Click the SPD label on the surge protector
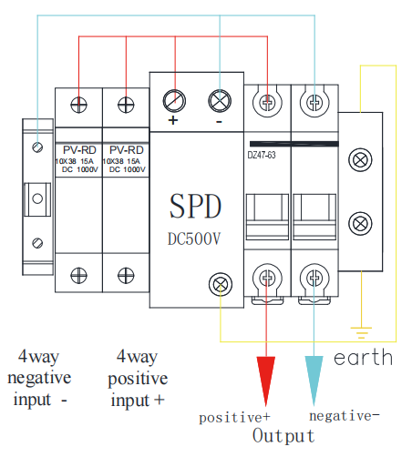pyautogui.click(x=195, y=206)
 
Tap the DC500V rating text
pyautogui.click(x=194, y=239)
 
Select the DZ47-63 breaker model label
pyautogui.click(x=262, y=155)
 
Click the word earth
pyautogui.click(x=363, y=357)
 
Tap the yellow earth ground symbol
pyautogui.click(x=361, y=333)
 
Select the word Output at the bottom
pyautogui.click(x=283, y=436)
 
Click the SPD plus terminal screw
pyautogui.click(x=174, y=101)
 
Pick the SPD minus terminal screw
pyautogui.click(x=220, y=101)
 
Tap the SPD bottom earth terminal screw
pyautogui.click(x=221, y=284)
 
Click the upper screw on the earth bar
pyautogui.click(x=360, y=160)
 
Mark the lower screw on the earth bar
pyautogui.click(x=360, y=224)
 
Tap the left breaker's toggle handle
pyautogui.click(x=267, y=217)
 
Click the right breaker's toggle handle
pyautogui.click(x=314, y=217)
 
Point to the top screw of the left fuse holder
pyautogui.click(x=78, y=105)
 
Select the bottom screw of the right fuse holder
pyautogui.click(x=126, y=276)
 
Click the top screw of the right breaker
pyautogui.click(x=314, y=103)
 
